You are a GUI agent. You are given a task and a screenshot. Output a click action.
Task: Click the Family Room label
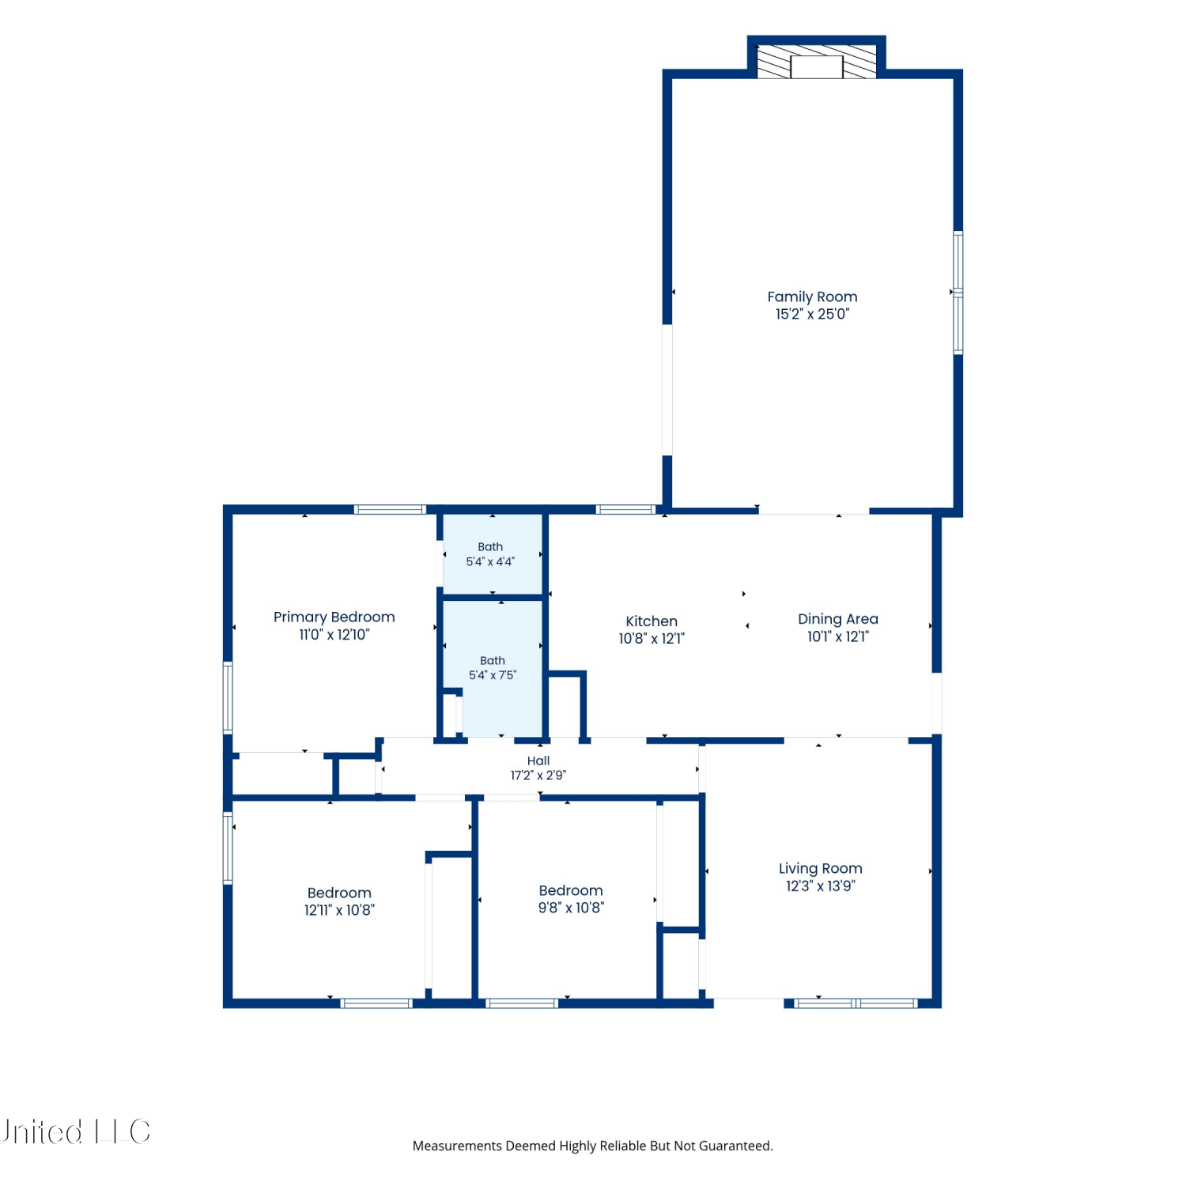[x=812, y=296]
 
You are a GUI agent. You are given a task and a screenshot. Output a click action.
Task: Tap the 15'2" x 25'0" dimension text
[x=812, y=314]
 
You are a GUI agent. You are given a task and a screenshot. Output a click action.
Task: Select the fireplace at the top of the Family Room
[x=817, y=62]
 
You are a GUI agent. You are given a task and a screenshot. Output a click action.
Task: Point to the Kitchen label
[x=652, y=621]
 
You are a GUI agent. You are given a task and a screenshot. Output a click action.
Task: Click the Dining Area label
[x=838, y=619]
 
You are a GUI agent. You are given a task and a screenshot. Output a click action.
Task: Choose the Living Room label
[x=821, y=868]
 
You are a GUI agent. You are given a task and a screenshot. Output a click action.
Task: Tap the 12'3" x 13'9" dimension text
[x=821, y=886]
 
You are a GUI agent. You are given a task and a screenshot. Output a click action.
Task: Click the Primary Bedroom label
[x=334, y=618]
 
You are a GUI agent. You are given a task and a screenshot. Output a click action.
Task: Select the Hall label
[x=538, y=761]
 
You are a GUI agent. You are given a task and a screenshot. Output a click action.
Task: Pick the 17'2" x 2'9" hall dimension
[x=538, y=776]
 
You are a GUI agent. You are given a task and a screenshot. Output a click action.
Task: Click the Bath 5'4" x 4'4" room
[x=492, y=554]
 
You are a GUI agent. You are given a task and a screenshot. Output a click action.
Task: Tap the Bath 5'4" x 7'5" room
[x=492, y=669]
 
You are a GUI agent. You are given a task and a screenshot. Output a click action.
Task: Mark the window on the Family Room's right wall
[x=957, y=293]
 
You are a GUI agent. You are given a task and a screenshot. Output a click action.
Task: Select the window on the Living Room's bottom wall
[x=856, y=1003]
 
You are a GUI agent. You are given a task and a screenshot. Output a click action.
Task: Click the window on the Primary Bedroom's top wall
[x=390, y=509]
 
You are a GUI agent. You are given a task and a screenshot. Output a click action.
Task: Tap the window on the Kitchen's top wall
[x=625, y=509]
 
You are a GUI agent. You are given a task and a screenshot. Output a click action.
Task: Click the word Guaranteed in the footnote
[x=738, y=1146]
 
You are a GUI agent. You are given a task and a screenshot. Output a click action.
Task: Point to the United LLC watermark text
[x=75, y=1131]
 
